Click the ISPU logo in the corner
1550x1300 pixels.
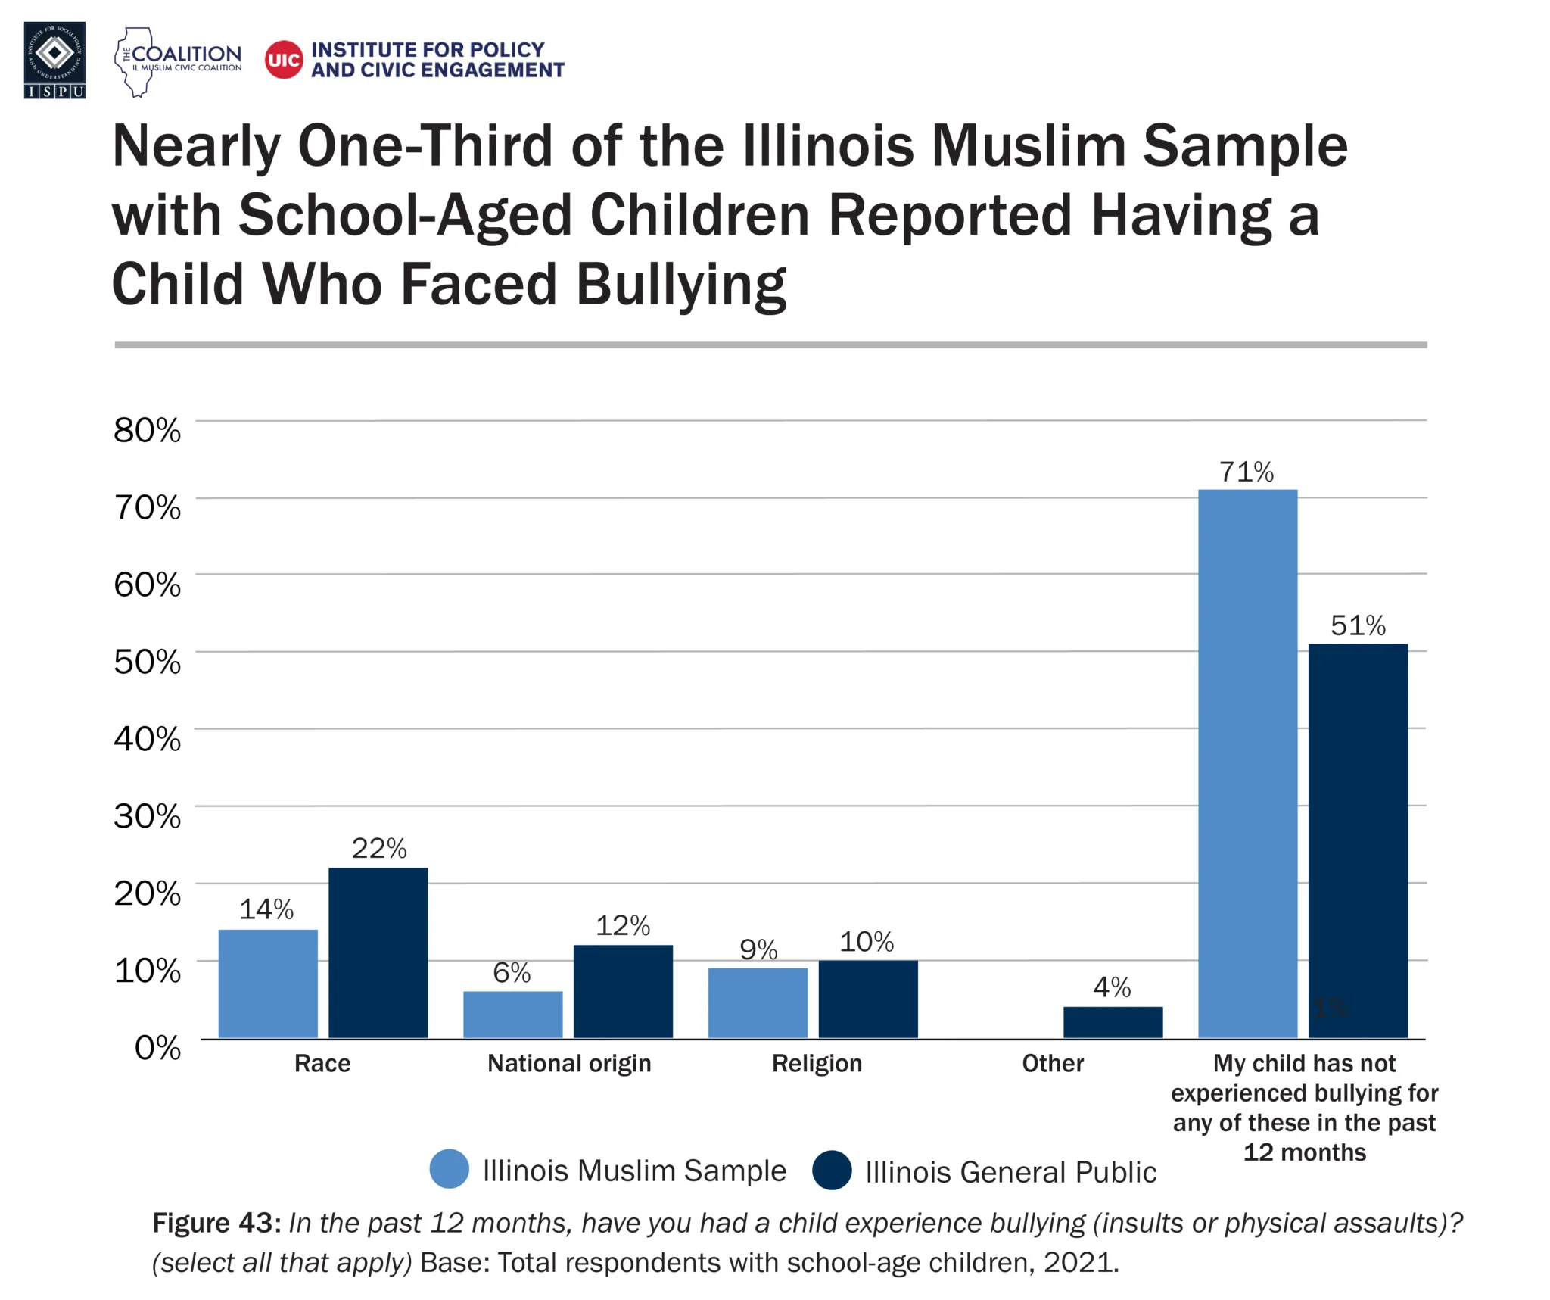54,60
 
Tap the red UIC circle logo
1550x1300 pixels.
284,60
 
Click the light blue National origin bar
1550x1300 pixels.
512,1014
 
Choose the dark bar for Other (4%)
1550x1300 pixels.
1113,1021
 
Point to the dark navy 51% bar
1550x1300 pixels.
1358,840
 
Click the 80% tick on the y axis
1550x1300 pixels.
148,430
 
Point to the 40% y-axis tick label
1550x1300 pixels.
148,739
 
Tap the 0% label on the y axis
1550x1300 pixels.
157,1048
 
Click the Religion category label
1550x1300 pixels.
817,1063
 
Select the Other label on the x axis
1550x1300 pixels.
1053,1063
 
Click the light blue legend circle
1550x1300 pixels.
449,1169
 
